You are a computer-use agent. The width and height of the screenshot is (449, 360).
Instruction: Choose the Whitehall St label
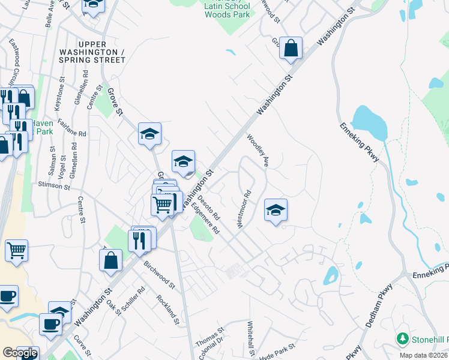pyautogui.click(x=252, y=339)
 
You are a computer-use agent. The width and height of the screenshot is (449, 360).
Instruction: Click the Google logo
pyautogui.click(x=20, y=353)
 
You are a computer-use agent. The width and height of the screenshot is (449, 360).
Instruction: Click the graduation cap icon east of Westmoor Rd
pyautogui.click(x=276, y=210)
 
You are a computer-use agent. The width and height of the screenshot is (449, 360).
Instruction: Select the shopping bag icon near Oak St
pyautogui.click(x=111, y=260)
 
